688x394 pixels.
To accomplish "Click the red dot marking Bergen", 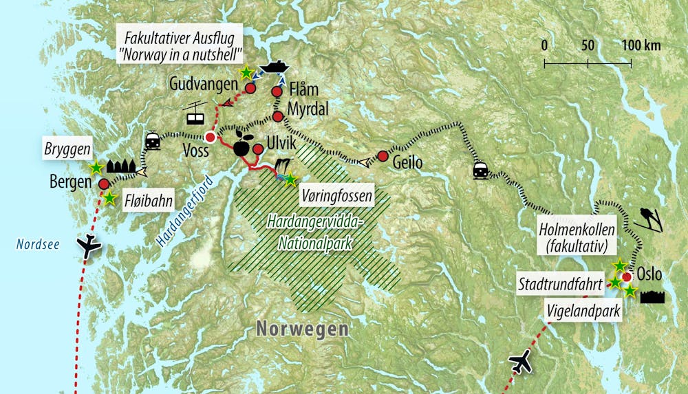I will coord(103,184).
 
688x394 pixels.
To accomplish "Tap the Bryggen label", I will coord(63,149).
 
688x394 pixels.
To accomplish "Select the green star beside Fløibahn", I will coord(110,198).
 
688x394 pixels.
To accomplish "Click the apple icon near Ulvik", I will coord(242,143).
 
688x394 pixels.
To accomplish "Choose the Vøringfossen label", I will coord(337,196).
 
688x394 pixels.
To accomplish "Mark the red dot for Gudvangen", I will coord(250,89).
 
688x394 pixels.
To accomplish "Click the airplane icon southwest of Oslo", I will coord(522,361).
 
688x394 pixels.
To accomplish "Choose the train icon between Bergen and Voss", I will coord(153,141).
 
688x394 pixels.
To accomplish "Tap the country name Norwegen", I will coord(302,329).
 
